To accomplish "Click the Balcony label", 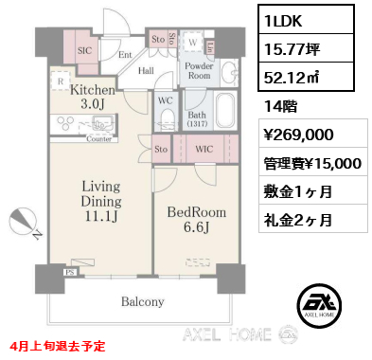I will pos(142,302).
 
